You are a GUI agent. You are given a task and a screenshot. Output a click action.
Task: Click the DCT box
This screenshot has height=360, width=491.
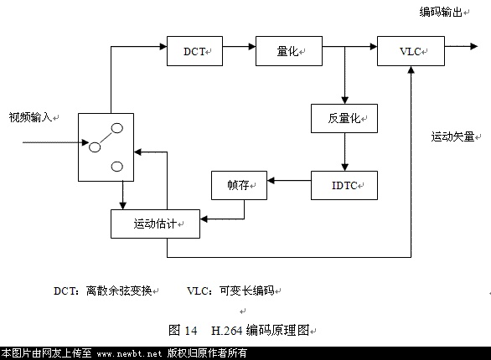tap(194, 51)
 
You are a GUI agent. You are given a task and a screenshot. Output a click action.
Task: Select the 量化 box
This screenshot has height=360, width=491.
tap(289, 51)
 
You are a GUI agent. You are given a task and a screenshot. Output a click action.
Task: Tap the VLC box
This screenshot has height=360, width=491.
tap(411, 51)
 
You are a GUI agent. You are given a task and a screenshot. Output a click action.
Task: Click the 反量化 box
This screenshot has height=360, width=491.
tap(344, 119)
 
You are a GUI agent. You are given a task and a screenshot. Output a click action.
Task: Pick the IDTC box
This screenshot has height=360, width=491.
tap(344, 186)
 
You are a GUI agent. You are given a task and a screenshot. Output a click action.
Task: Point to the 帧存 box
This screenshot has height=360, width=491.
tap(240, 186)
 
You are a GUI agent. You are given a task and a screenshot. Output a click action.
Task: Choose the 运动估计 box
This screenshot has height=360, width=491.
tap(155, 224)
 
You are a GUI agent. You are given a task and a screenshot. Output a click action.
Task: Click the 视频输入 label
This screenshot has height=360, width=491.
tap(30, 117)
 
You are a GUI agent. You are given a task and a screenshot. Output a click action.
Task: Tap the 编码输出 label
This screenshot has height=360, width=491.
tap(441, 13)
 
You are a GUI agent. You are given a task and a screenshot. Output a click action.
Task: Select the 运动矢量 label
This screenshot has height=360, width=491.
tap(452, 136)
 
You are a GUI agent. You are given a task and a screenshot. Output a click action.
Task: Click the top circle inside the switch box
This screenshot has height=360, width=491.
tap(117, 128)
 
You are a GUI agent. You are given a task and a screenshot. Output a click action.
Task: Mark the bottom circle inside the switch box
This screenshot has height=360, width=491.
tap(117, 167)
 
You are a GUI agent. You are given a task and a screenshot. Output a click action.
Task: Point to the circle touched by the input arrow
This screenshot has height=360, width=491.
tap(95, 147)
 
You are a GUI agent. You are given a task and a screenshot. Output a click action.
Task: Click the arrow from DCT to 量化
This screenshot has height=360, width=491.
tap(240, 47)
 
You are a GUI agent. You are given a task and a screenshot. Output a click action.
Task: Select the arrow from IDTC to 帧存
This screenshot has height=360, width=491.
tap(289, 181)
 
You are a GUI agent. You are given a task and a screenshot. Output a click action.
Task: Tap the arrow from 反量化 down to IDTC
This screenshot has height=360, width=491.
tap(344, 152)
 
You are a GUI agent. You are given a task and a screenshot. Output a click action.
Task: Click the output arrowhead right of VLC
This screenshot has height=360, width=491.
tap(473, 47)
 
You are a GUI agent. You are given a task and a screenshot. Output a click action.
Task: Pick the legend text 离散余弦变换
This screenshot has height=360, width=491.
tap(119, 291)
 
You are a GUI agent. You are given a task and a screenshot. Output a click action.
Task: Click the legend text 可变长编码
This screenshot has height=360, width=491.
tap(247, 291)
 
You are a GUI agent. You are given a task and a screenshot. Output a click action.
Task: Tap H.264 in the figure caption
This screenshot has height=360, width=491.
tap(227, 331)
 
